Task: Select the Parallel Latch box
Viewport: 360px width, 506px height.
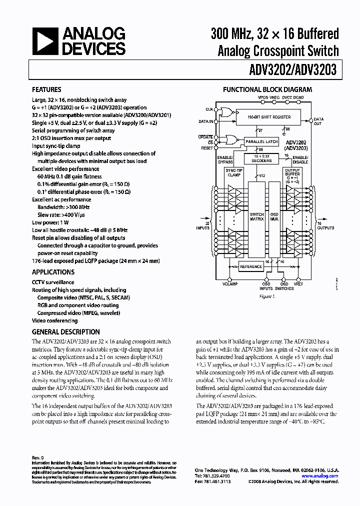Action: pyautogui.click(x=261, y=142)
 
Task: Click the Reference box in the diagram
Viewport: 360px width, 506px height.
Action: pyautogui.click(x=251, y=266)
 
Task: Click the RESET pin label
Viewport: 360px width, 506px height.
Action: pyautogui.click(x=207, y=148)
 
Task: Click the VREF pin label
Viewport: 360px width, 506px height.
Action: pyautogui.click(x=298, y=283)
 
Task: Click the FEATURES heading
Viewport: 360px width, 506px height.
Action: pyautogui.click(x=47, y=90)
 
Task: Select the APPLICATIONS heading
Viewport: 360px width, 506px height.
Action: pyautogui.click(x=53, y=272)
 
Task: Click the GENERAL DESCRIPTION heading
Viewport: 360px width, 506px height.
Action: pyautogui.click(x=65, y=331)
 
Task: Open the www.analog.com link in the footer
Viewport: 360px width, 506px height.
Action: pyautogui.click(x=324, y=476)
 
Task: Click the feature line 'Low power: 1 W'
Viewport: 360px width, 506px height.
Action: pyautogui.click(x=50, y=222)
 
